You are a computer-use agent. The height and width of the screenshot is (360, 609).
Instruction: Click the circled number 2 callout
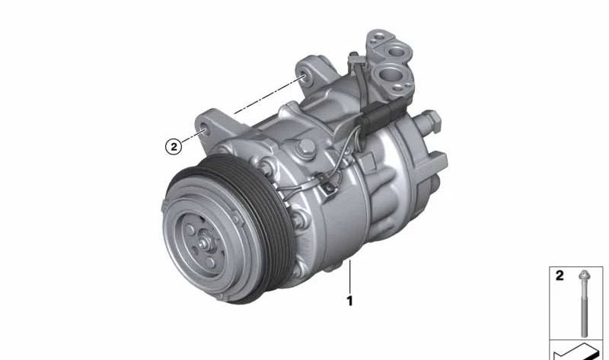coord(174,147)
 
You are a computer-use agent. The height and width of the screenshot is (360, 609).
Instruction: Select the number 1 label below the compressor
coord(349,301)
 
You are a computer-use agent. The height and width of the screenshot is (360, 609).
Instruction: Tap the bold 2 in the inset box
coord(560,276)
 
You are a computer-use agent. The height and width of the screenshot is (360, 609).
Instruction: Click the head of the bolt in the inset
coord(583,276)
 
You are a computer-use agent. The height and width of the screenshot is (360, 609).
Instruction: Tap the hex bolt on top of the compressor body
coord(306,148)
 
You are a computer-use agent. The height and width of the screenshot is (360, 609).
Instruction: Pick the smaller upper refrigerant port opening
coord(397,51)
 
